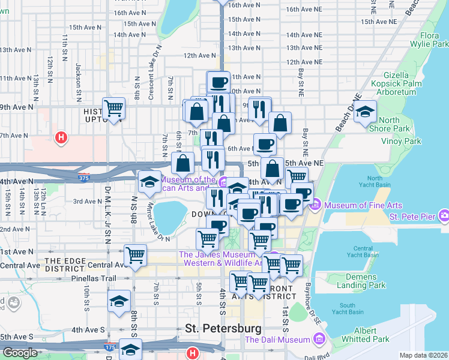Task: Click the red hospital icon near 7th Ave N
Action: [60, 138]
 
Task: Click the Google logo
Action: [20, 353]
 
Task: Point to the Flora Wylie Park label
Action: [429, 40]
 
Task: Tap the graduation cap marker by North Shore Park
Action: [365, 112]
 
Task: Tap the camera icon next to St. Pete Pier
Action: [444, 215]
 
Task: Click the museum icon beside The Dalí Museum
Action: [319, 340]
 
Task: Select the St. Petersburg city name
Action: [223, 329]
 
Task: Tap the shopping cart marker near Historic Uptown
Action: [113, 108]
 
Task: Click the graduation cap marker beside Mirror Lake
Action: [149, 181]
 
